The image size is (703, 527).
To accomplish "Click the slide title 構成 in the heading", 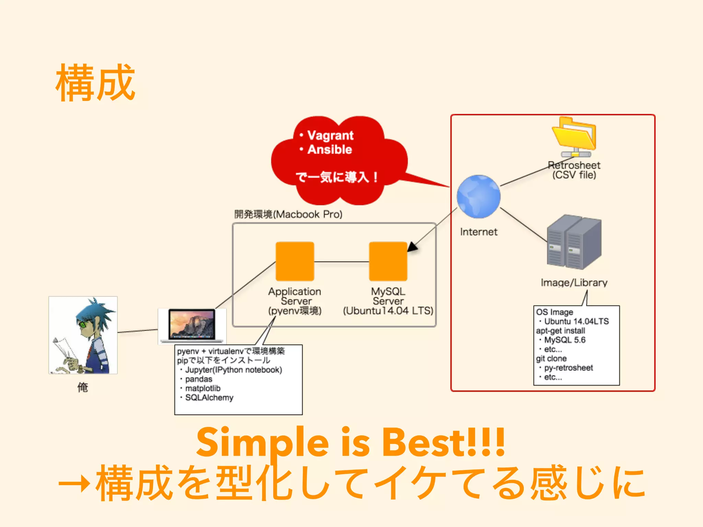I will (95, 83).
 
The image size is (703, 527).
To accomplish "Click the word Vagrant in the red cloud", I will (330, 136).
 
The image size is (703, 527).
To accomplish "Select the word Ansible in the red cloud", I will (330, 150).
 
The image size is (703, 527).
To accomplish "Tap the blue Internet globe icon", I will (479, 197).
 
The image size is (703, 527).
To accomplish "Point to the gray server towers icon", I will (574, 242).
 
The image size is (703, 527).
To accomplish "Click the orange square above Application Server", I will (295, 261).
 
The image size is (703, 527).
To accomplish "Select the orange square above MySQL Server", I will (388, 261).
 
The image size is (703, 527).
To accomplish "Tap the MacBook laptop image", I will (192, 325).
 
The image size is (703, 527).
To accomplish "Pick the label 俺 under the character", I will (83, 387).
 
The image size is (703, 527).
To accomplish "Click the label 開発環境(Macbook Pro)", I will (288, 214).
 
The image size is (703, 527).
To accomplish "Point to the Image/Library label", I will (574, 283).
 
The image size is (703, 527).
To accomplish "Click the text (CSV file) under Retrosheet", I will (574, 175).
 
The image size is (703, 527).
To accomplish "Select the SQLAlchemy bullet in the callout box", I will (209, 398).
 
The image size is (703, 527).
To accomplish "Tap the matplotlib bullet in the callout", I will (203, 388).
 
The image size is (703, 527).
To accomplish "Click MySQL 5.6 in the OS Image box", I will (565, 340).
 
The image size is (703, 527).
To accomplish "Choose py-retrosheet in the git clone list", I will (568, 368).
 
